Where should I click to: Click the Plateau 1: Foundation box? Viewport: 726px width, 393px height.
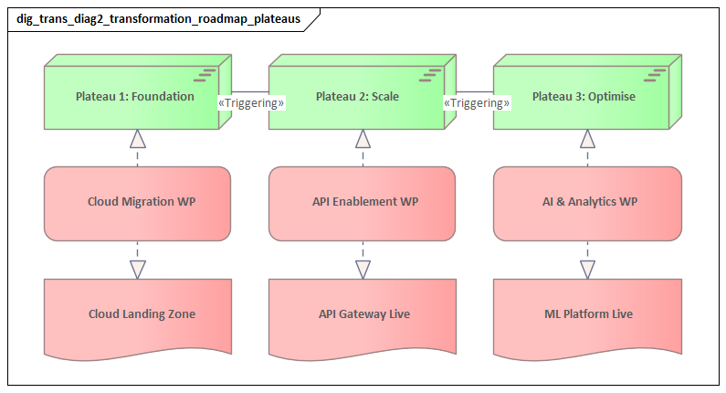(134, 97)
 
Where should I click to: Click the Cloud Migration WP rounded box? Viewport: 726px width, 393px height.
(137, 203)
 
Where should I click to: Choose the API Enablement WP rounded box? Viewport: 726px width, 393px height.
(362, 203)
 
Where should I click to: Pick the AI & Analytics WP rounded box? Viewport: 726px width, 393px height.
(587, 203)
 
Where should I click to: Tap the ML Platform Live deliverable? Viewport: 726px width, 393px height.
(588, 314)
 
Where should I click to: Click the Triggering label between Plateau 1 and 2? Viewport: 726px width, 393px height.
(251, 103)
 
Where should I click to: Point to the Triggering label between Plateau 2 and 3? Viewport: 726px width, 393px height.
(477, 103)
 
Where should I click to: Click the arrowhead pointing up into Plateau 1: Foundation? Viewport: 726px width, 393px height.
(138, 139)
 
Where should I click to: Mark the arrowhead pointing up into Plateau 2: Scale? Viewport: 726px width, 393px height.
(363, 139)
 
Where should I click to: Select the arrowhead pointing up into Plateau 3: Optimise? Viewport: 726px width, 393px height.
(587, 139)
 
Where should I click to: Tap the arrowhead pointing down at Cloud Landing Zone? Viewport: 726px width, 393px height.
(138, 269)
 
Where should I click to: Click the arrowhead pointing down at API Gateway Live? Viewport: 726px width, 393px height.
(363, 269)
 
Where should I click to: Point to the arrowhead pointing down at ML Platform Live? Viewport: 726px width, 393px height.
(587, 269)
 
